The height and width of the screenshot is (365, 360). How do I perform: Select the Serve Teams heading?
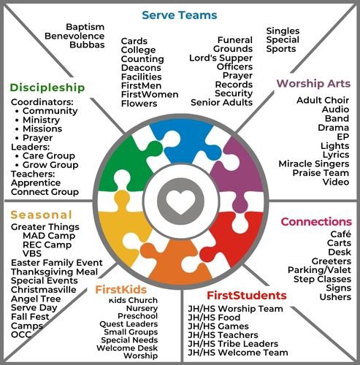tap(179, 15)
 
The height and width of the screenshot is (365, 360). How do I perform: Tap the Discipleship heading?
tap(47, 88)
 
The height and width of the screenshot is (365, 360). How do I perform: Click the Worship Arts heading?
tap(313, 84)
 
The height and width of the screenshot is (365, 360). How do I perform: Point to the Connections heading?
tap(316, 221)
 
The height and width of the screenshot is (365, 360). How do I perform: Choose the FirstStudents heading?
tap(245, 296)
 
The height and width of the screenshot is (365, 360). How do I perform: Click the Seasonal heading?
tap(41, 215)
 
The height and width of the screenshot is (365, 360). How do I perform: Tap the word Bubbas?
tap(88, 45)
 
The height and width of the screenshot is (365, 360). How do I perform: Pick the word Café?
tap(340, 234)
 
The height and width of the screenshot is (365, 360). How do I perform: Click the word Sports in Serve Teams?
tap(281, 50)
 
